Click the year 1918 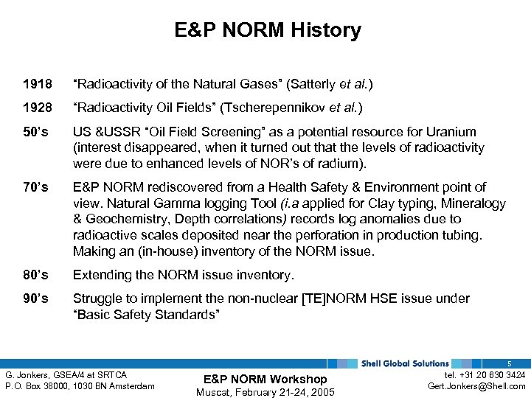point(38,85)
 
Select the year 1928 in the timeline point(38,108)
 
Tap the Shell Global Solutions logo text point(404,363)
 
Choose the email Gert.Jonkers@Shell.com point(476,386)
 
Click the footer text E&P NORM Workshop point(265,379)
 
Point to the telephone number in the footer point(483,375)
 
